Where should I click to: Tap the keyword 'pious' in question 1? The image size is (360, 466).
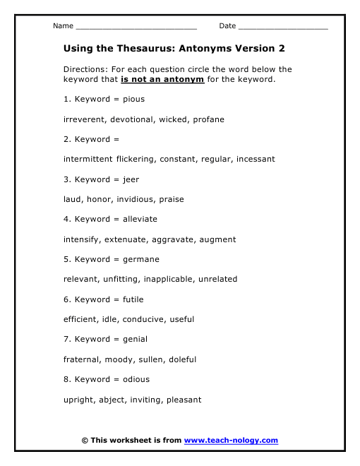(x=133, y=100)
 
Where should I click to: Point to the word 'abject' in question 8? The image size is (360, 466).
(x=114, y=400)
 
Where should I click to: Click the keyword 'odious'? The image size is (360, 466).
(x=136, y=379)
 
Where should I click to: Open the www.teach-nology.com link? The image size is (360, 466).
(x=231, y=441)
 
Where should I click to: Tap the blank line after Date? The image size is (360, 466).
(x=283, y=28)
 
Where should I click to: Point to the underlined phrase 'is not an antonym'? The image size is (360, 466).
(x=162, y=79)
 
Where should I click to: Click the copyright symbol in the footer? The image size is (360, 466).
(x=85, y=441)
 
